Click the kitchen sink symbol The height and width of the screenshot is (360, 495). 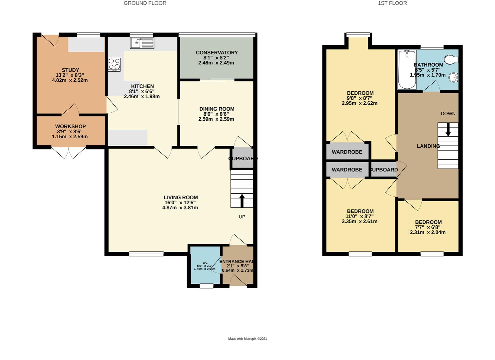click(142, 43)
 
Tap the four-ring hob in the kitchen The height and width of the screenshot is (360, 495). click(114, 64)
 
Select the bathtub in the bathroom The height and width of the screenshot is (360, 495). click(407, 70)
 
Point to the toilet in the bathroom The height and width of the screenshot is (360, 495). click(453, 60)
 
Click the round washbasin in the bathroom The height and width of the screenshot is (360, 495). click(453, 77)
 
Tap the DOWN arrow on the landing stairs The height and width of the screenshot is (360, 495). click(448, 129)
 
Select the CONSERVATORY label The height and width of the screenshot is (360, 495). click(217, 53)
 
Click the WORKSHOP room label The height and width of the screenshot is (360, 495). click(70, 126)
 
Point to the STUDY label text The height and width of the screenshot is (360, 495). click(70, 70)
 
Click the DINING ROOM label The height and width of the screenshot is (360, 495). click(217, 109)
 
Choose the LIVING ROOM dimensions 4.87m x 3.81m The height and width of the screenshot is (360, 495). click(180, 208)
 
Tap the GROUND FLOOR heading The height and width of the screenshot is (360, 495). click(145, 3)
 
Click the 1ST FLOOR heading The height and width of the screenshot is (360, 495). click(392, 3)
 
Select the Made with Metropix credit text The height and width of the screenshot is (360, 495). click(247, 339)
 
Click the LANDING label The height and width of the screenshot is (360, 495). click(428, 146)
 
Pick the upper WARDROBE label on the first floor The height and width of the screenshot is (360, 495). click(347, 152)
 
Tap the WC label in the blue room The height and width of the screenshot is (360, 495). click(205, 263)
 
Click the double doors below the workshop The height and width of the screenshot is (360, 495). click(69, 152)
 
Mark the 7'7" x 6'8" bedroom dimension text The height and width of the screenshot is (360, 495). click(428, 227)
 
